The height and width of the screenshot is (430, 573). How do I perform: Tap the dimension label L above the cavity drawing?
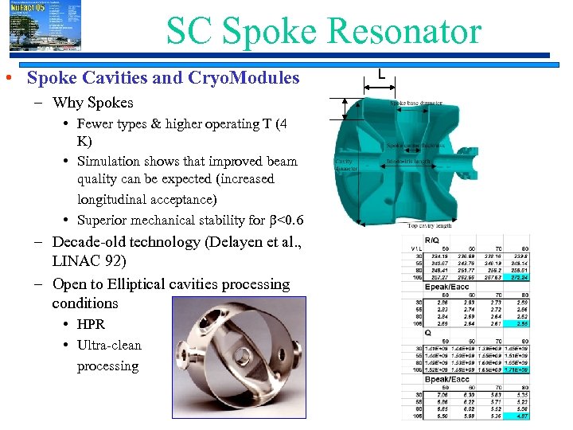pos(382,74)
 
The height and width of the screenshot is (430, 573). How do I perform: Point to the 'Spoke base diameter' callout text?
pos(416,103)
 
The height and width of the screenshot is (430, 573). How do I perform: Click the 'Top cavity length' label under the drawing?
pos(430,226)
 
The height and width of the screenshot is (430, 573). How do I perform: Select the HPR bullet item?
pos(91,324)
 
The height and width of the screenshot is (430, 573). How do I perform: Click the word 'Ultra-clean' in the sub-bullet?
pos(109,345)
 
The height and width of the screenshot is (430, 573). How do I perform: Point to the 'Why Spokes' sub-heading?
pos(92,103)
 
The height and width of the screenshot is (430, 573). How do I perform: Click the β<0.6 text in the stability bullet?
pos(286,221)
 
